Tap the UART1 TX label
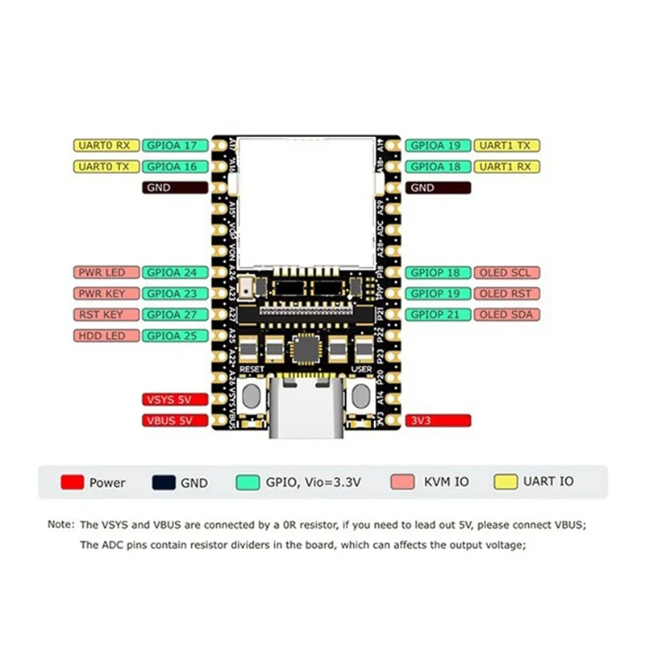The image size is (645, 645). pos(506,146)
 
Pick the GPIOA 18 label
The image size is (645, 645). pos(437,167)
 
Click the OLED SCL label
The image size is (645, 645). pos(506,273)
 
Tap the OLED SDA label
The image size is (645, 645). pos(506,314)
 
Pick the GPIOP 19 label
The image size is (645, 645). pos(437,293)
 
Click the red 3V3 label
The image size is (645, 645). pos(437,420)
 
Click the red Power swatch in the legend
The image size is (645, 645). pos(73,482)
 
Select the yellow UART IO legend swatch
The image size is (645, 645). pos(506,481)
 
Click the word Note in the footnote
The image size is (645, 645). pos(60,524)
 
